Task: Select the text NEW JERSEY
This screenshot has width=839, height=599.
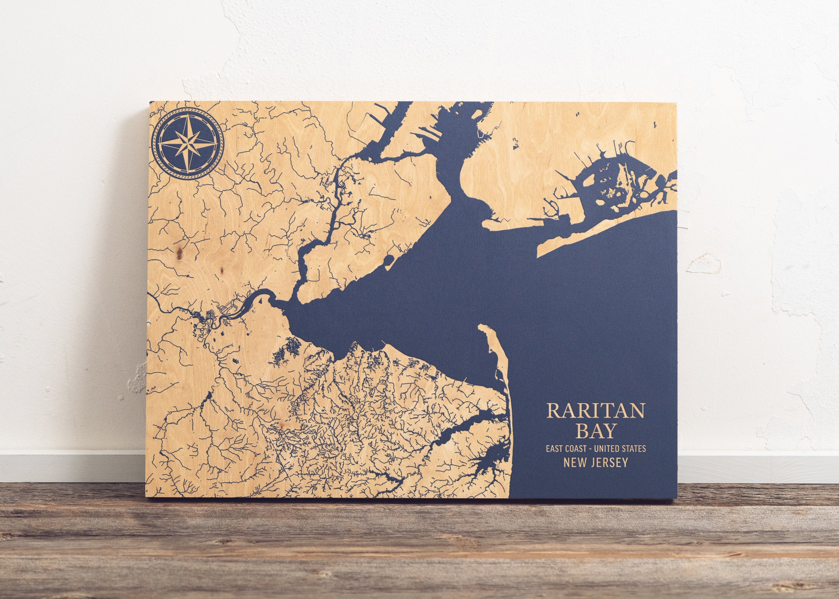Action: click(596, 463)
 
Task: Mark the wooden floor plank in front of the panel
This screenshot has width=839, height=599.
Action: click(406, 546)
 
